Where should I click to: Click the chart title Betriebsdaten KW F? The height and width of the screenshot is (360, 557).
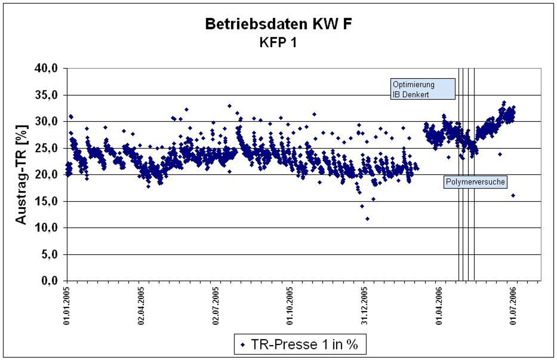click(278, 24)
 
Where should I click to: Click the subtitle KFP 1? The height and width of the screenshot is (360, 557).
click(278, 43)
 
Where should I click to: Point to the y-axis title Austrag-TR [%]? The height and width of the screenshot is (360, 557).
click(21, 175)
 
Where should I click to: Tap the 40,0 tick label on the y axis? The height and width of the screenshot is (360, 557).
click(46, 69)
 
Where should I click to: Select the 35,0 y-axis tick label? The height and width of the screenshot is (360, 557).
click(46, 95)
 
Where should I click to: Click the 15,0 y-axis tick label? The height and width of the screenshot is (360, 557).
click(46, 201)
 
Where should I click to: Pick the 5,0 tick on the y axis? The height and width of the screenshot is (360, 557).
click(50, 254)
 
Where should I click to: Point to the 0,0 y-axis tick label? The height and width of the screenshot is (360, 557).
click(50, 281)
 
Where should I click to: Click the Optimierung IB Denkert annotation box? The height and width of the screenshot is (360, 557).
click(423, 89)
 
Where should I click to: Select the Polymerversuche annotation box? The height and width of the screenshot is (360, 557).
click(475, 182)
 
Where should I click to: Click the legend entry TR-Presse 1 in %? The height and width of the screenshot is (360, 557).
click(300, 345)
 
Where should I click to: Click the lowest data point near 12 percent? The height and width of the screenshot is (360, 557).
click(368, 219)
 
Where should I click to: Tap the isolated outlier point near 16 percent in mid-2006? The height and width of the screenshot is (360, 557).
click(513, 196)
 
